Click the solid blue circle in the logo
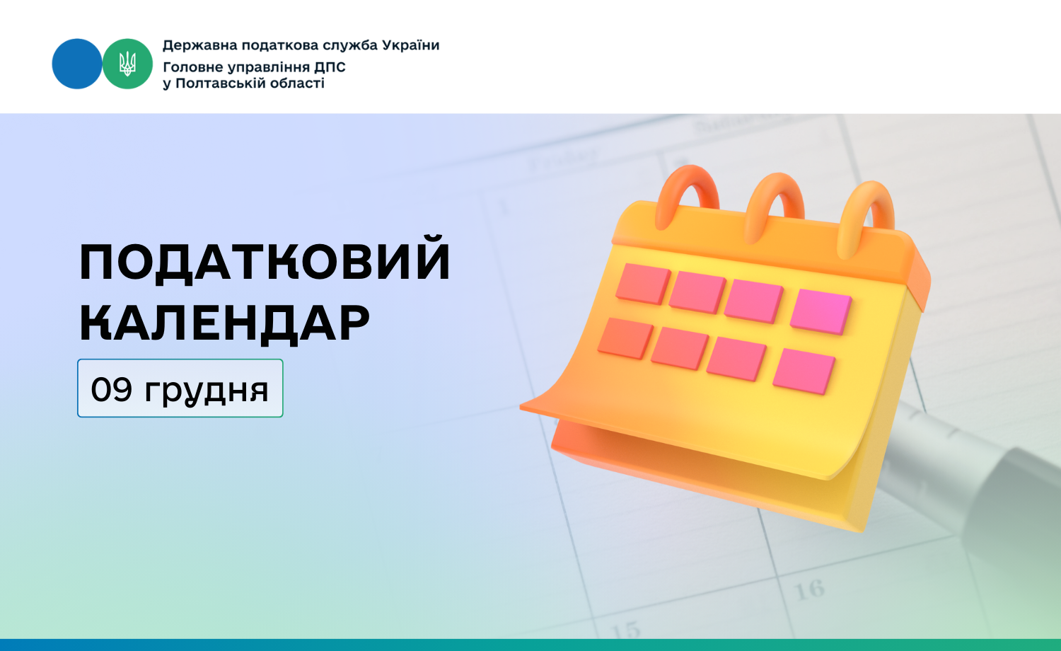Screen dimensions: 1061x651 (x=76, y=64)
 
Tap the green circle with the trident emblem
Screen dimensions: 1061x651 (x=127, y=64)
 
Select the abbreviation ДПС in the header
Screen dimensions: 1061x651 (x=330, y=67)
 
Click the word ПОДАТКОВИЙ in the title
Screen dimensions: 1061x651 (x=265, y=260)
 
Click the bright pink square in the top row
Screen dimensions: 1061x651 (x=821, y=311)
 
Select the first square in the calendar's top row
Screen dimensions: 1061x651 (x=643, y=284)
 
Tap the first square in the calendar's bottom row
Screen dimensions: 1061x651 (x=625, y=338)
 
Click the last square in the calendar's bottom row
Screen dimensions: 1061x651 (x=804, y=371)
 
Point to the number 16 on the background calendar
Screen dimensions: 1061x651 (x=809, y=590)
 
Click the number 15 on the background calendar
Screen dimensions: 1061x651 (x=626, y=630)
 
